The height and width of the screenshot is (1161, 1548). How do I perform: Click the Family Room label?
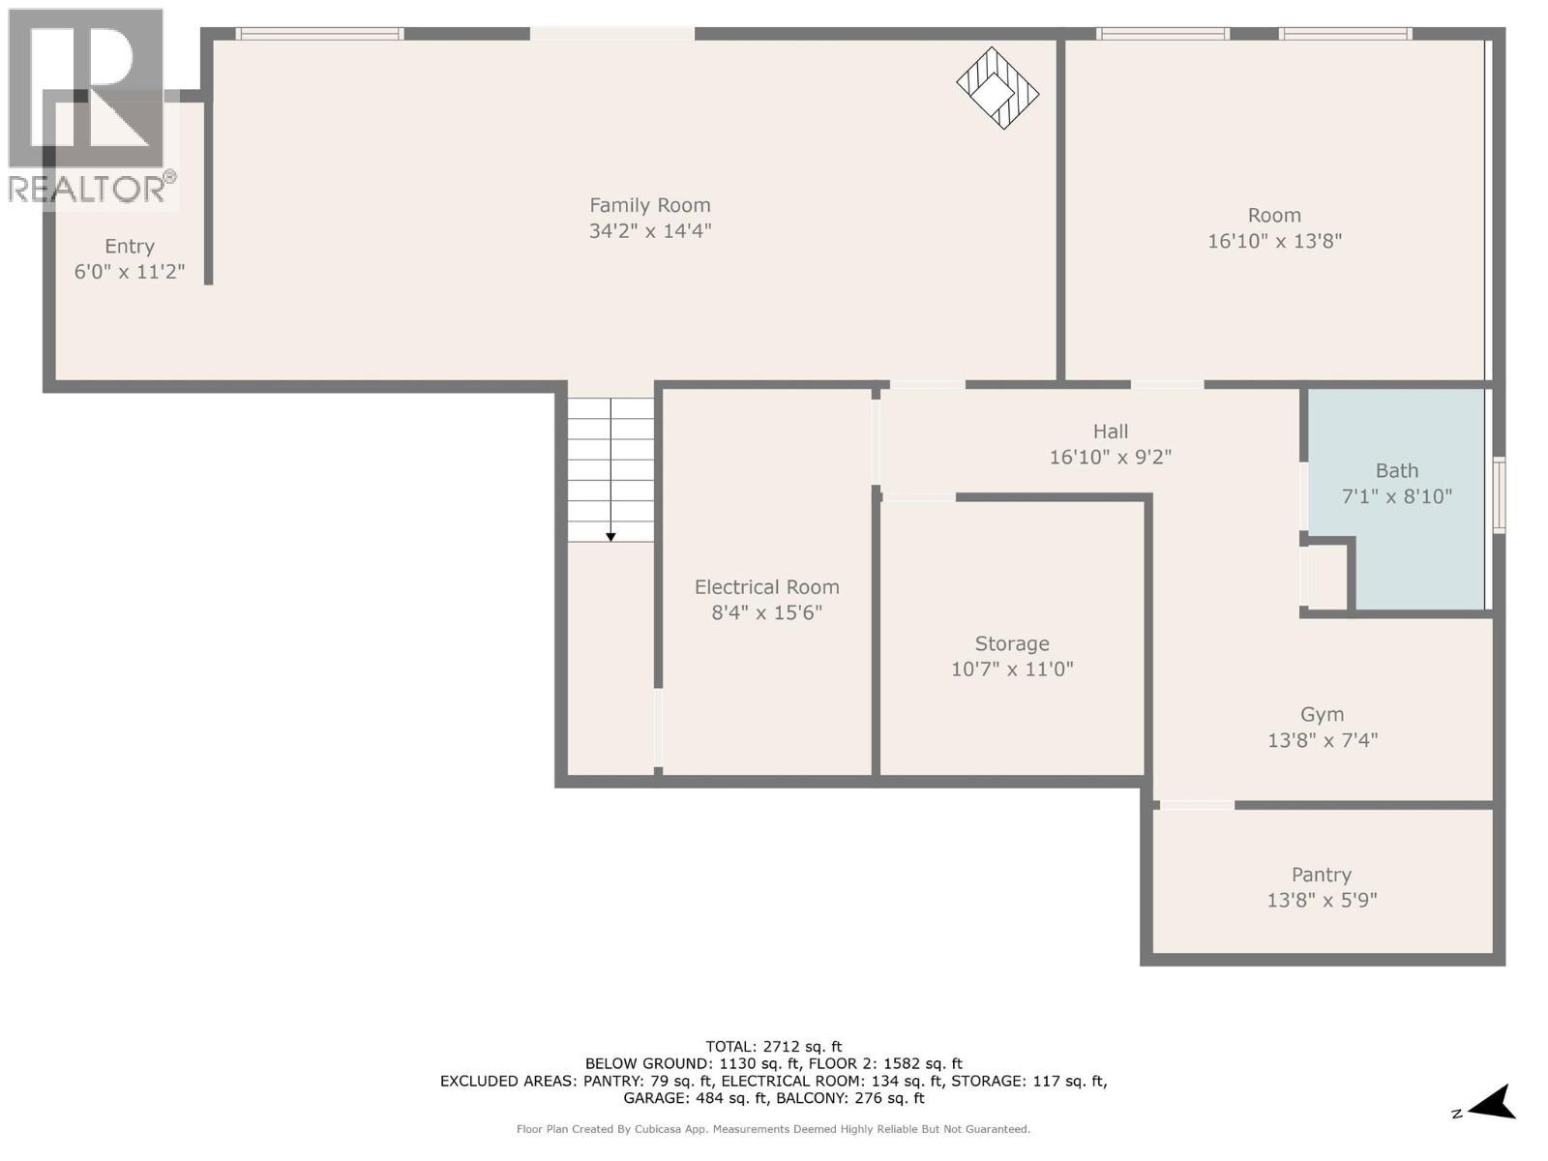(x=649, y=205)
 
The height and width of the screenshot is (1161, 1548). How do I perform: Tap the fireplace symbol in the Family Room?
(x=997, y=88)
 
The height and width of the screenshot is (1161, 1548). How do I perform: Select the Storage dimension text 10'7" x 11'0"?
(x=1012, y=669)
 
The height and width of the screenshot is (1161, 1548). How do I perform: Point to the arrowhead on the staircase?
(x=610, y=537)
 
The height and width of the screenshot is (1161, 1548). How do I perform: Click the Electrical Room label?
(x=766, y=587)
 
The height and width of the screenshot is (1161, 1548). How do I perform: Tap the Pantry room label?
(x=1321, y=875)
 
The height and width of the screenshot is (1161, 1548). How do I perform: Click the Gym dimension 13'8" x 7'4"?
(x=1322, y=740)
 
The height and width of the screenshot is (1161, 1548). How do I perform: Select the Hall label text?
(x=1110, y=432)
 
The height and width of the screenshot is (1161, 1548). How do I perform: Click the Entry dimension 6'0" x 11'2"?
(x=129, y=272)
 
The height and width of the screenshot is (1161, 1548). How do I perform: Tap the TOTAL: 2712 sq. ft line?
(x=773, y=1046)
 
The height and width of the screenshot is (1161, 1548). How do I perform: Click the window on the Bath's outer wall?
(x=1499, y=495)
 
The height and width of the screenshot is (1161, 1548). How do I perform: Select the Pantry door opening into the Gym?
(x=1197, y=805)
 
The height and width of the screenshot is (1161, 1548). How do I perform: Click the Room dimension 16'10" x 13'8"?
(x=1273, y=241)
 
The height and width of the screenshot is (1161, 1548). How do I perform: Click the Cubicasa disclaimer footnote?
(x=773, y=1129)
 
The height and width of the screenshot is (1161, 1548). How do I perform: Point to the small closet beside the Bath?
(x=1325, y=578)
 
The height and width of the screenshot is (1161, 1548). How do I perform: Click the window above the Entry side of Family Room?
(x=320, y=34)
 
